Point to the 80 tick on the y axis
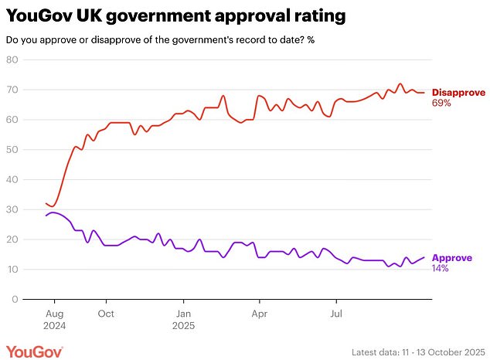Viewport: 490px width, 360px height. click(12, 61)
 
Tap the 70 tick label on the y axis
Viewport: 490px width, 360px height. click(12, 90)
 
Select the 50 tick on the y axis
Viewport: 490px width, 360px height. click(12, 150)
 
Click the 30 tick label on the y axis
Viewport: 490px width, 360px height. click(12, 209)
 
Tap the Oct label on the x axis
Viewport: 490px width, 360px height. click(106, 314)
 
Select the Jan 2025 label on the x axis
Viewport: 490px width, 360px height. click(183, 320)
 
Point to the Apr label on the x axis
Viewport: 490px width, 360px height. click(259, 314)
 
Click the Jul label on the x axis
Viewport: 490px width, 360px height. click(336, 314)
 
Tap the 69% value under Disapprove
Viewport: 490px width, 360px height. click(441, 103)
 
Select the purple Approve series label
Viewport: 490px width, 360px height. click(451, 258)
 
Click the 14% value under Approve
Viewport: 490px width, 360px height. click(441, 268)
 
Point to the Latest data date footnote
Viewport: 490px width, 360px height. click(417, 351)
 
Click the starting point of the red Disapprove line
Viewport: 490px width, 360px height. click(46, 203)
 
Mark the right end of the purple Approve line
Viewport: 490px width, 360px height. click(424, 258)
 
